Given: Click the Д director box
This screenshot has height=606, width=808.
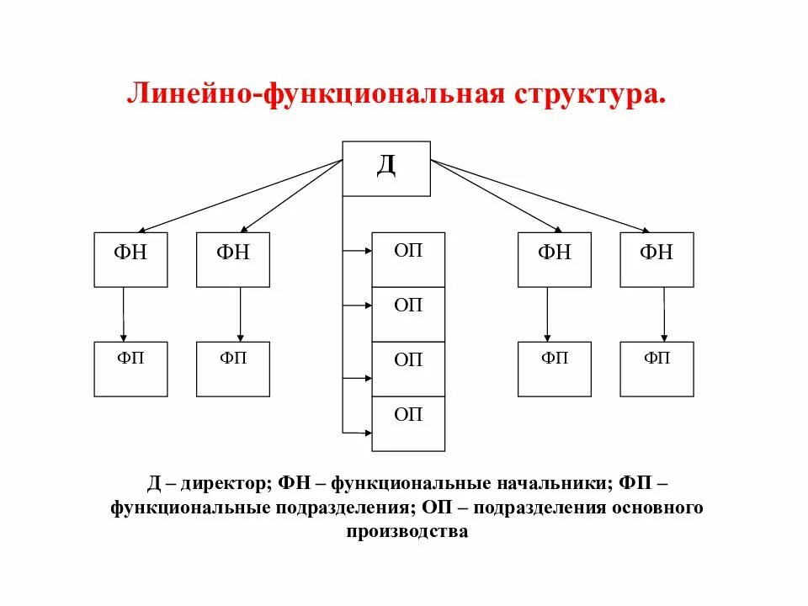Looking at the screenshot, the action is click(x=386, y=168).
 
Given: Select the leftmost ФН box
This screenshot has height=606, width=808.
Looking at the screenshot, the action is click(x=130, y=259).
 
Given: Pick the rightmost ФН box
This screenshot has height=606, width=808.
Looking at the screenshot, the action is click(x=656, y=259).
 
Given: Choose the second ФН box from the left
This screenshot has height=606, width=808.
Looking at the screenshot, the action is click(x=233, y=259).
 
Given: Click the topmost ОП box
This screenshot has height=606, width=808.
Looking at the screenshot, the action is click(x=408, y=259).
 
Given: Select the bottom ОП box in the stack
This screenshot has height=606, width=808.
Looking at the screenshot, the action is click(x=408, y=423).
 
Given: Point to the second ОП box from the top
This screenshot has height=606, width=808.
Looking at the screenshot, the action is click(x=408, y=314).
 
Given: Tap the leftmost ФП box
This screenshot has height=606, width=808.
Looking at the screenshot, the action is click(x=130, y=369).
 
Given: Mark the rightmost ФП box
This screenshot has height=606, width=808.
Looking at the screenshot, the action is click(x=656, y=369).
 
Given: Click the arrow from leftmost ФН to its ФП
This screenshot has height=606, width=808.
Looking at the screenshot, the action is click(x=124, y=314).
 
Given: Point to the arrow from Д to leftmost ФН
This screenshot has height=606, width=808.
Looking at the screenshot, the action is click(x=240, y=195).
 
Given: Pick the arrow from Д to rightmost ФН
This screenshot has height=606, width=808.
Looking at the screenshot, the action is click(x=539, y=195).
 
